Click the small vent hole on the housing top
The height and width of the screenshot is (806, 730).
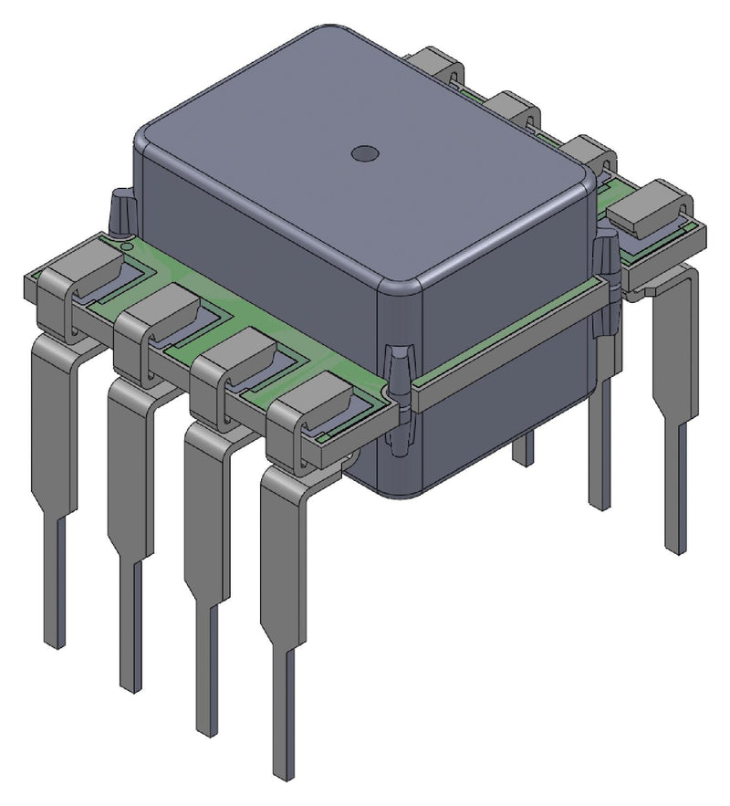(x=364, y=154)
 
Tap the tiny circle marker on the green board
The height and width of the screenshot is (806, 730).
(x=127, y=245)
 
